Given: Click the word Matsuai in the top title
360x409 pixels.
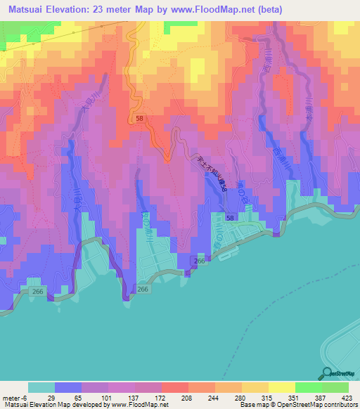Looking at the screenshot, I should [x=26, y=8].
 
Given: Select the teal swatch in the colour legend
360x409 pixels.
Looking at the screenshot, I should [x=41, y=387].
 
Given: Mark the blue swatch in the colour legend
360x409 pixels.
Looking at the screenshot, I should [x=68, y=387].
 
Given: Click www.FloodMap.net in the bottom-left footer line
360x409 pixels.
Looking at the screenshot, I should [x=139, y=404].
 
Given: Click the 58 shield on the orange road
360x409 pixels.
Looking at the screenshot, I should [x=140, y=119].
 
